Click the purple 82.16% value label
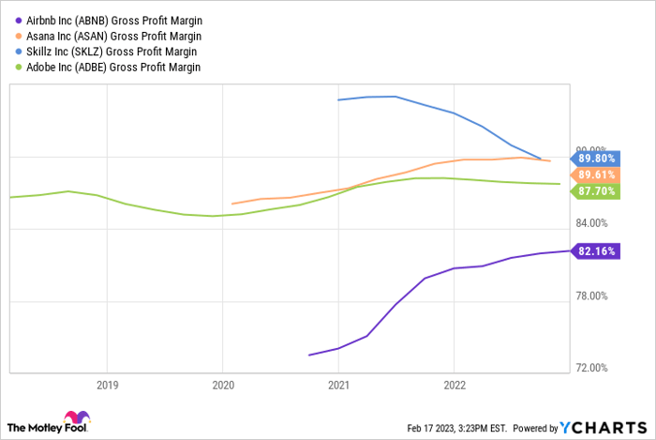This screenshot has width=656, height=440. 596,251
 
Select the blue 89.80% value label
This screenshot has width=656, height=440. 596,159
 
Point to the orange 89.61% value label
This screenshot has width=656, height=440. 596,174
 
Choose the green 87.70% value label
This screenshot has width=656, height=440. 596,190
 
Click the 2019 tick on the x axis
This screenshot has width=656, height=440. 107,385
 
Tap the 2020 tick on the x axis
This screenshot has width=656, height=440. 222,385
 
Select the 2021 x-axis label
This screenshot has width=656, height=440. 337,385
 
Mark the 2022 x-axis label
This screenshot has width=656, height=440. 454,385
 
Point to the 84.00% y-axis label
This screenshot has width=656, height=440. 592,223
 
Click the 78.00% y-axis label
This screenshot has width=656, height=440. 592,296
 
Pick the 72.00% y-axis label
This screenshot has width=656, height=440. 592,368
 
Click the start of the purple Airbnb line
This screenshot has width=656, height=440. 309,355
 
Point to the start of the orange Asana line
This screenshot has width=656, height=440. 232,204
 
